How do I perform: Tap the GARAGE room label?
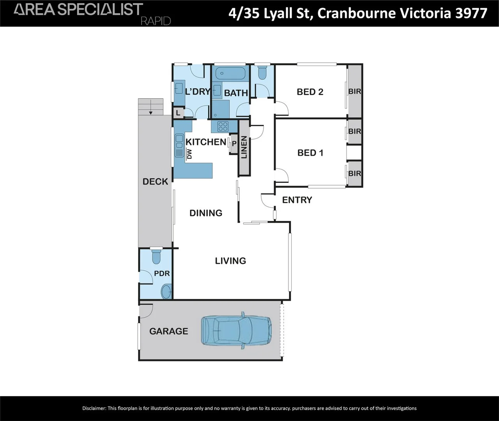(169, 331)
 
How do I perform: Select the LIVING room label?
(230, 261)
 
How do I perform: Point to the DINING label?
(206, 213)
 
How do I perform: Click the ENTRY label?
(297, 200)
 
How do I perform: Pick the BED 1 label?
(310, 153)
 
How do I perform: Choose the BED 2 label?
(310, 92)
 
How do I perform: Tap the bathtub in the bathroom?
(230, 73)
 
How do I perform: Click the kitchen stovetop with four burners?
(223, 126)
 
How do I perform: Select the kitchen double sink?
(179, 146)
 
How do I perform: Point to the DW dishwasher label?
(189, 154)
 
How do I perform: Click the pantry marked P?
(234, 143)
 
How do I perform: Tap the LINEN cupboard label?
(244, 147)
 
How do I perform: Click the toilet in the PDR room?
(156, 256)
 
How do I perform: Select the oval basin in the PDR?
(166, 292)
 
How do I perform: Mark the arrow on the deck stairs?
(150, 107)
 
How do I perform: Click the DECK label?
(155, 182)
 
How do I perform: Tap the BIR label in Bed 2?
(355, 91)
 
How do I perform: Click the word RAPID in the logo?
(156, 21)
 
